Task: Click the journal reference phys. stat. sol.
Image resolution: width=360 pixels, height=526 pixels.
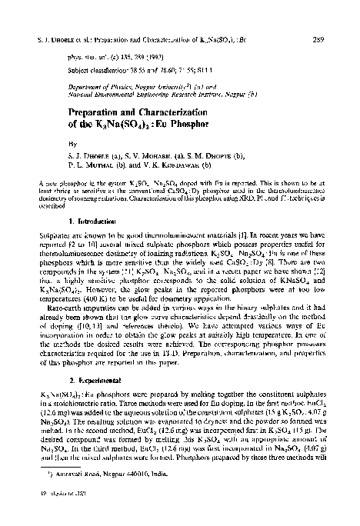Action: pyautogui.click(x=85, y=58)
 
